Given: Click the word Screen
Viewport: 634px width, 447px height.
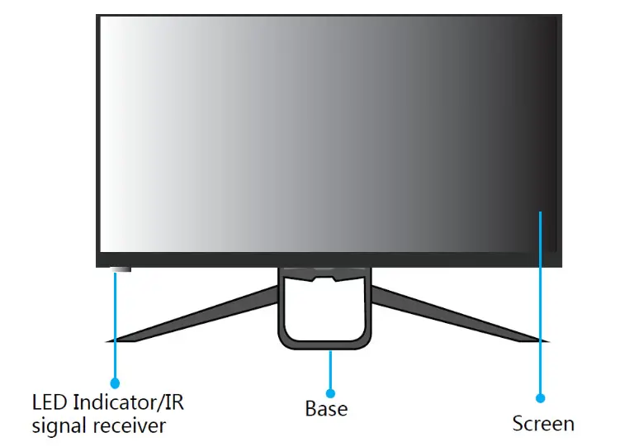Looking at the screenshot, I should click(542, 424).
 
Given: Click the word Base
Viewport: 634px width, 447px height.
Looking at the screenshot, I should click(326, 408).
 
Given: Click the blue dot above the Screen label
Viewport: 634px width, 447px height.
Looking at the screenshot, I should click(540, 397).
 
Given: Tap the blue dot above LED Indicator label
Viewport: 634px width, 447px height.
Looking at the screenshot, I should click(115, 383).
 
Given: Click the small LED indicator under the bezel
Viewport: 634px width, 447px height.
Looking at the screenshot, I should click(121, 269).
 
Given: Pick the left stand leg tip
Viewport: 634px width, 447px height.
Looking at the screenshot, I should click(110, 339).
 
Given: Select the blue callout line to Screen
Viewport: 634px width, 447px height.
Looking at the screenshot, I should click(540, 306).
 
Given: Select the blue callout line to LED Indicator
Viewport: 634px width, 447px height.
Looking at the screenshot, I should click(115, 330).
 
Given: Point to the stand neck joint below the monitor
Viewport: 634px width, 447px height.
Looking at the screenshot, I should click(323, 277).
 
